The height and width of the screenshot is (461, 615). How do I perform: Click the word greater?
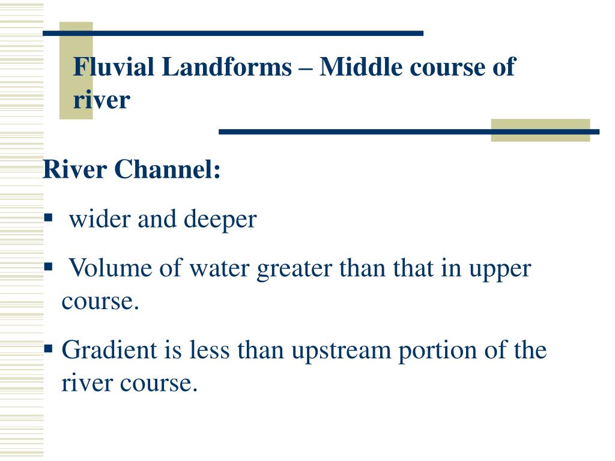point(294,269)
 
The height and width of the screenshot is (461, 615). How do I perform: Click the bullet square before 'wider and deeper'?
point(49,216)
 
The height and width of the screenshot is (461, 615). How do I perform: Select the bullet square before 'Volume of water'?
point(49,265)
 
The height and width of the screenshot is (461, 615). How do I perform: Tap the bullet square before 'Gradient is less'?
point(49,346)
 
